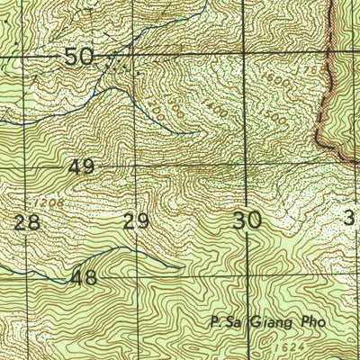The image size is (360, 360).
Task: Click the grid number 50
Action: [79, 58]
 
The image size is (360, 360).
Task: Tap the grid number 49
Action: [80, 167]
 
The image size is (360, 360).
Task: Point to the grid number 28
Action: [27, 222]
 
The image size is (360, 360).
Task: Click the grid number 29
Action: [137, 222]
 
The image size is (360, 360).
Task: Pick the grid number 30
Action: [247, 219]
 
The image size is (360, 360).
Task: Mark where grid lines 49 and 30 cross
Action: [247, 166]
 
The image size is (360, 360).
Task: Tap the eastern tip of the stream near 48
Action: [183, 266]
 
